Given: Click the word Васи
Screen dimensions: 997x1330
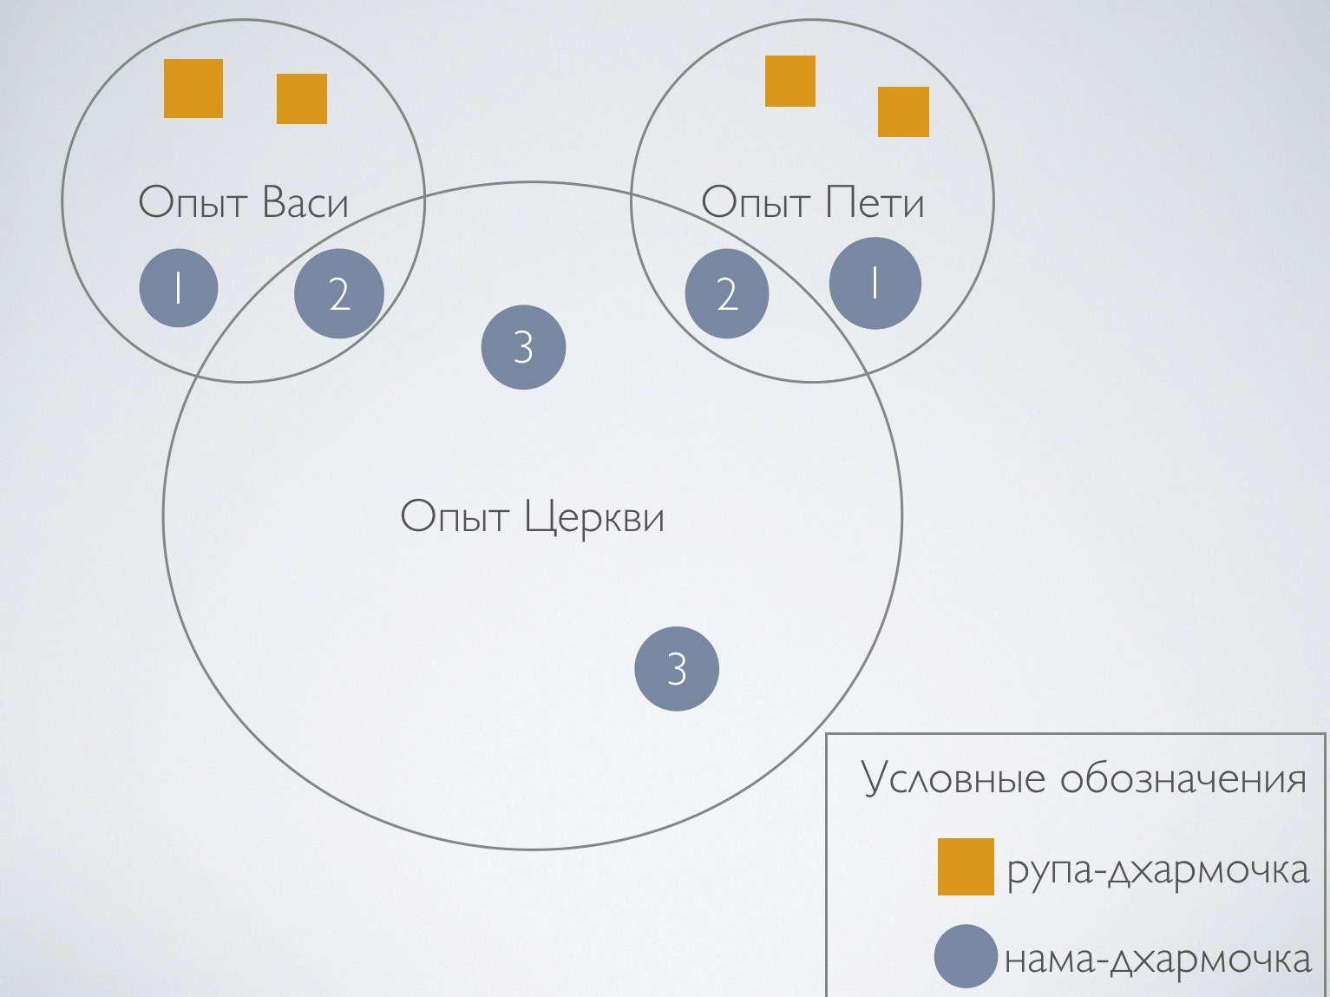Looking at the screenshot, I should click(x=305, y=203).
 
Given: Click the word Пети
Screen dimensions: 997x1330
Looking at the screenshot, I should click(x=875, y=203).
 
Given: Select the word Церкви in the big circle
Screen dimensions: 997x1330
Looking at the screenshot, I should click(x=595, y=518).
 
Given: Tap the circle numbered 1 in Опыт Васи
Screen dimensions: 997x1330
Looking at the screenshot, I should click(x=179, y=288).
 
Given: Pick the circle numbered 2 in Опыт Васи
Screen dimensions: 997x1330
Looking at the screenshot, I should click(x=339, y=294).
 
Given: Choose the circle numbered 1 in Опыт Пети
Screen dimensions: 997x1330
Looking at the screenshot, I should click(x=875, y=283).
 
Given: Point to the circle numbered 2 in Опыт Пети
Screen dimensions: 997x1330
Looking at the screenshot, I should click(x=727, y=294).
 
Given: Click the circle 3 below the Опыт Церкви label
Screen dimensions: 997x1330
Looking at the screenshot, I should click(x=677, y=669).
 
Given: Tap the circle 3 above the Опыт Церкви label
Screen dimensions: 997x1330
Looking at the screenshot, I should click(x=523, y=347).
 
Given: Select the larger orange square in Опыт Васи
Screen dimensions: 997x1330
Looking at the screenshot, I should click(x=193, y=89).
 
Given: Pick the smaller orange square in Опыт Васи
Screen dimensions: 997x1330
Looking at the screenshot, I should click(x=302, y=99).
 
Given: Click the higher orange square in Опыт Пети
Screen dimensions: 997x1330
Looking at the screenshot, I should click(x=790, y=82).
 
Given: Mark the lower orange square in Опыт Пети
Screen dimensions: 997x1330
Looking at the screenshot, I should click(x=903, y=112).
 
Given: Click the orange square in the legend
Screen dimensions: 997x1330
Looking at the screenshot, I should click(x=966, y=866).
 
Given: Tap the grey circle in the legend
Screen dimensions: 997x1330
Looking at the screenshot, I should click(x=966, y=956).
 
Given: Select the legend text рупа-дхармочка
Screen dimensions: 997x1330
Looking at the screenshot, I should click(x=1157, y=869).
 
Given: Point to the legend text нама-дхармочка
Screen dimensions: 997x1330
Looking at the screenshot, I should click(x=1157, y=960).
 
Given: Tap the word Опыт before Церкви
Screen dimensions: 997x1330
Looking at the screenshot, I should click(x=455, y=518).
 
